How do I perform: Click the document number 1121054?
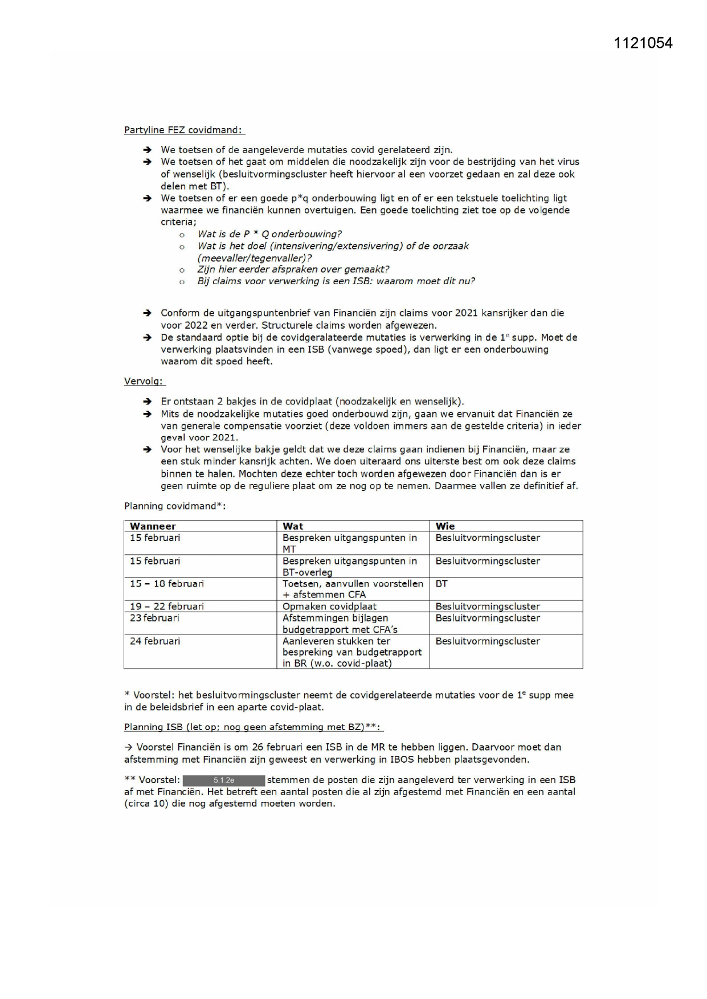(643, 43)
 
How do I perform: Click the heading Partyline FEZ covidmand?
(183, 130)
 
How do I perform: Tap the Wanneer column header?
(153, 526)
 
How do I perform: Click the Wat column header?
(293, 526)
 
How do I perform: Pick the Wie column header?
(445, 526)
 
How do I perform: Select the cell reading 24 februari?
(155, 641)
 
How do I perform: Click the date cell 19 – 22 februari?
(167, 607)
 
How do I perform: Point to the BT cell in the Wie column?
(442, 584)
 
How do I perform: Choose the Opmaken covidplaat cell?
(329, 607)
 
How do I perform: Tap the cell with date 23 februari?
(154, 618)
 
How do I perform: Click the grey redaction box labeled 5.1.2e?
(223, 780)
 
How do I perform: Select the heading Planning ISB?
(252, 727)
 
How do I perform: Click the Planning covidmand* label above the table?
(175, 506)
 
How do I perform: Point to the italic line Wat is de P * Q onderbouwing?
(269, 234)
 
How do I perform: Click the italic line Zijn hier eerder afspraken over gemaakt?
(293, 269)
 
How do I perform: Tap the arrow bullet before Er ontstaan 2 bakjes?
(148, 402)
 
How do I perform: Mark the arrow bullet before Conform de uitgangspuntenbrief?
(148, 313)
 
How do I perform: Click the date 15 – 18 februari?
(167, 584)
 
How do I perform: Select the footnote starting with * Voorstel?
(349, 701)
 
